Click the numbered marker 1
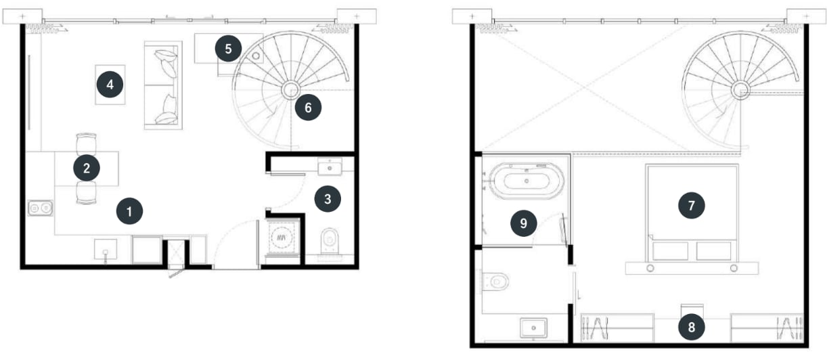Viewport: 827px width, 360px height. [129, 211]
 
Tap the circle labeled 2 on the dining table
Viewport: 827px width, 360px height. [87, 168]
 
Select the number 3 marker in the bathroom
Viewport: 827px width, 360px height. [328, 199]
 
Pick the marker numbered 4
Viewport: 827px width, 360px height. [110, 85]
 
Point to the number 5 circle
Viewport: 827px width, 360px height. [228, 48]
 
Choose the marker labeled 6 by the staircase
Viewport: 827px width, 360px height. [308, 108]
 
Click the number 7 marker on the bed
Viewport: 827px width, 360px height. [692, 205]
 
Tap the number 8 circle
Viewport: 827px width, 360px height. [692, 327]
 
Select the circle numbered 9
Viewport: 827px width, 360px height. [524, 223]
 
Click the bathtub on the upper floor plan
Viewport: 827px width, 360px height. [527, 181]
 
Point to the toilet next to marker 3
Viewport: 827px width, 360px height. [330, 242]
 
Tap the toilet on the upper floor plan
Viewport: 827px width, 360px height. [495, 282]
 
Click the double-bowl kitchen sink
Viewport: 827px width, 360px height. [40, 208]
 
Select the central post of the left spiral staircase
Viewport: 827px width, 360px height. [290, 90]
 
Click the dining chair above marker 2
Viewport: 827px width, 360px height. [87, 143]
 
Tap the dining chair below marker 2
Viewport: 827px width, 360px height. [87, 193]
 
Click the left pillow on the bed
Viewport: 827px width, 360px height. [670, 251]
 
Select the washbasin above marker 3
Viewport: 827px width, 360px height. [330, 167]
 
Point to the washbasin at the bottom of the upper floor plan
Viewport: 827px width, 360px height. [533, 328]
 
